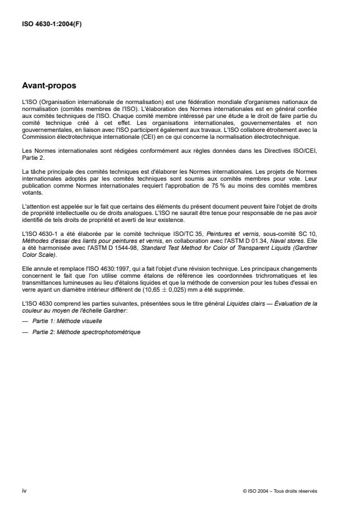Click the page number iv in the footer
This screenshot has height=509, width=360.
click(x=24, y=490)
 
